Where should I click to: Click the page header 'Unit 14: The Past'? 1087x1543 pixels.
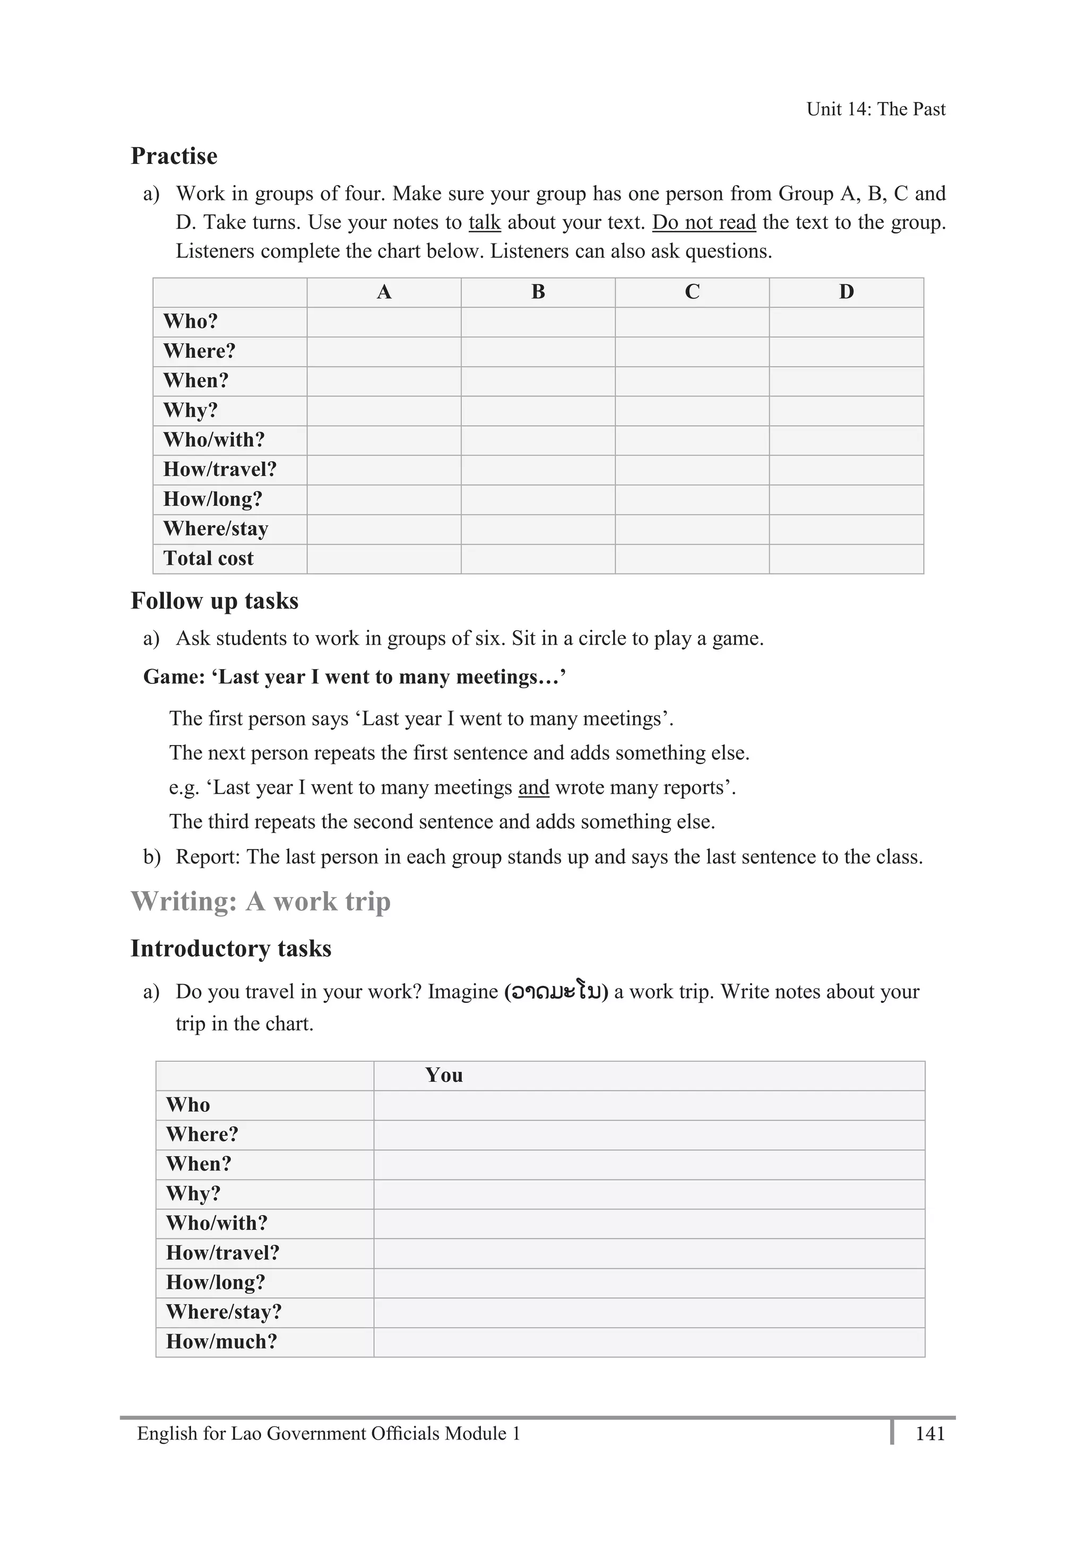(875, 109)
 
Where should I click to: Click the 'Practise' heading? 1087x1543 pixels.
(174, 156)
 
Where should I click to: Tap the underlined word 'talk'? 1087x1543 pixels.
(485, 222)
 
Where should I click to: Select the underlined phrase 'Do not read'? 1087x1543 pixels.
(704, 222)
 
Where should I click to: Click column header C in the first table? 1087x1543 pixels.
(692, 292)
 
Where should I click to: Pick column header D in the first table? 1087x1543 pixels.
(846, 292)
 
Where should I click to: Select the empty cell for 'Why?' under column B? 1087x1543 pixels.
(538, 411)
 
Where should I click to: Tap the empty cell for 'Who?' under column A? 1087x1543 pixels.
(384, 322)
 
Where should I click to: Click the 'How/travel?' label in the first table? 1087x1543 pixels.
(220, 470)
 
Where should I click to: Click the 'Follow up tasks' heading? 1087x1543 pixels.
(214, 601)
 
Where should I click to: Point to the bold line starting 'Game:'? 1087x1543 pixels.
(354, 677)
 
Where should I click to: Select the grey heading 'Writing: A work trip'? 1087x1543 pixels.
(260, 901)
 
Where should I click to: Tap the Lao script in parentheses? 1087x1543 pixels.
(556, 992)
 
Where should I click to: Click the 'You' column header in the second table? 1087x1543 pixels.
(444, 1075)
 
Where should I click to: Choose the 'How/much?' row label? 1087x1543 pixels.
(222, 1341)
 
